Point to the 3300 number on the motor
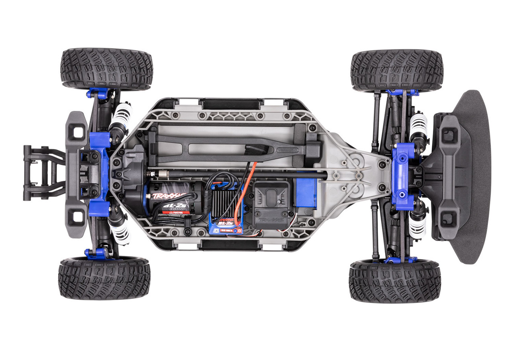[180, 209]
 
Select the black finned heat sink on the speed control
[223, 203]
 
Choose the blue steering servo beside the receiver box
[306, 192]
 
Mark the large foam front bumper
[474, 177]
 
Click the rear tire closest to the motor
[104, 277]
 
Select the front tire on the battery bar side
[397, 71]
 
